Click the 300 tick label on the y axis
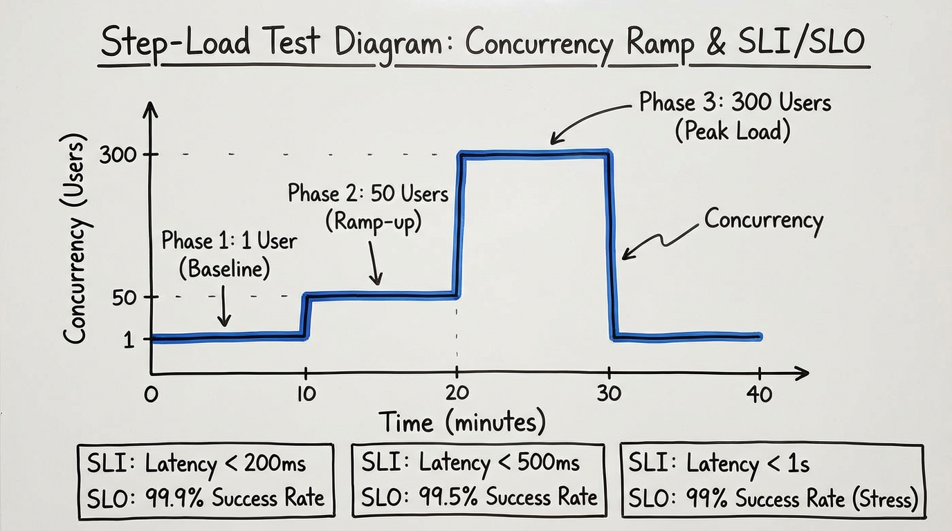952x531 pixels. tap(119, 155)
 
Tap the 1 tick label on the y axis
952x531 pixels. tap(129, 339)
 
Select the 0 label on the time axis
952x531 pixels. tap(151, 395)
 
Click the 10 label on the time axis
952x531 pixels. tap(305, 394)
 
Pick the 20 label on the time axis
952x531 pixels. tap(457, 393)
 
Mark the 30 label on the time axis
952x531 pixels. tap(609, 393)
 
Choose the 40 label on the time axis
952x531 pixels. tap(759, 394)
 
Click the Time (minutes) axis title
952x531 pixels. tap(461, 422)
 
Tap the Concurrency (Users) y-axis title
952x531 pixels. tap(75, 238)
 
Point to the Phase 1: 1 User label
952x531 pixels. tap(228, 241)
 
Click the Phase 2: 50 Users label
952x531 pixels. tap(368, 194)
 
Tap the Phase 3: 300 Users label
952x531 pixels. tap(735, 103)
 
